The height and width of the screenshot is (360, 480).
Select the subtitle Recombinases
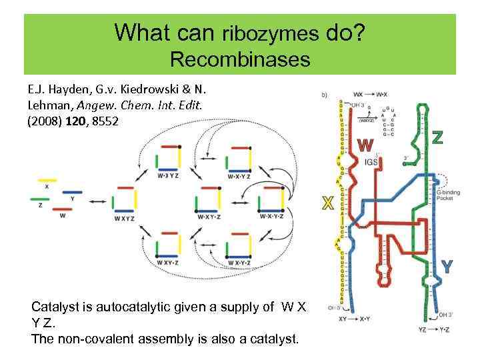pos(240,59)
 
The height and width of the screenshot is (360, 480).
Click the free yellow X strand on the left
pos(47,180)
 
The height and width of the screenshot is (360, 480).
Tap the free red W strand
pos(62,207)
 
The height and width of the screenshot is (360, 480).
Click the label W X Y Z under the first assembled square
pos(124,218)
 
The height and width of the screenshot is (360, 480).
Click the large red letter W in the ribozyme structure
pos(365,145)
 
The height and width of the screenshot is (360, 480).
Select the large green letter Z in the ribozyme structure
pos(437,137)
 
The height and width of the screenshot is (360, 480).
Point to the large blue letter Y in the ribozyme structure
pos(447,267)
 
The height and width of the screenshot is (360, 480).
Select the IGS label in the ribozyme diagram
pos(371,161)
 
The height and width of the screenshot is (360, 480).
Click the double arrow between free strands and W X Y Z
pos(97,202)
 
